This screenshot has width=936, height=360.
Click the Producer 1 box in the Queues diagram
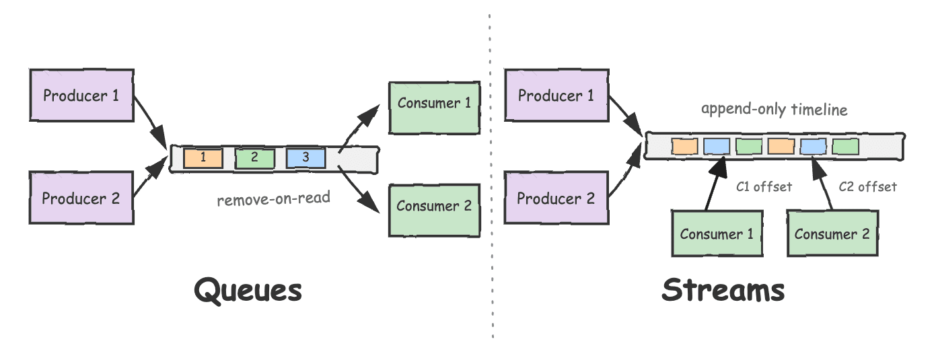click(81, 95)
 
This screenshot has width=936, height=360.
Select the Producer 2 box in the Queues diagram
click(81, 198)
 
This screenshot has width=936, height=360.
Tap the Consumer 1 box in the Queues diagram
click(434, 103)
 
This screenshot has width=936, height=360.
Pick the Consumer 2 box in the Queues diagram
click(434, 206)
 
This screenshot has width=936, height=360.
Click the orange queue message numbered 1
click(203, 157)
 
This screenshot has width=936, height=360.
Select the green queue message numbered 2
click(254, 157)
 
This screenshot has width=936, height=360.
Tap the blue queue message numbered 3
click(305, 157)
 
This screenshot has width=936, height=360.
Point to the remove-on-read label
click(273, 199)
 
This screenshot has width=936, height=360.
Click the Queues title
click(248, 291)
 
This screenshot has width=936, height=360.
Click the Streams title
click(723, 291)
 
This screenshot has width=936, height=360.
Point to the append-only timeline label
click(774, 110)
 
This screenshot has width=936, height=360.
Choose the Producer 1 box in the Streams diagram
click(556, 95)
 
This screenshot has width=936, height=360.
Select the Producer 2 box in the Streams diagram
click(556, 198)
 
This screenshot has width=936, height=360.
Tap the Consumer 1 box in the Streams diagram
click(717, 233)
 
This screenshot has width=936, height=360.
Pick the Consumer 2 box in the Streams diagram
click(832, 233)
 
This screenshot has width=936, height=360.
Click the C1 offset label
click(764, 187)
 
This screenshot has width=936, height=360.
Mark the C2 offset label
click(867, 187)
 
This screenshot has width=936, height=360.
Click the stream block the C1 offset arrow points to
click(717, 146)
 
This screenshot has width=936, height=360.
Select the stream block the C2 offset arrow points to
click(813, 146)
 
